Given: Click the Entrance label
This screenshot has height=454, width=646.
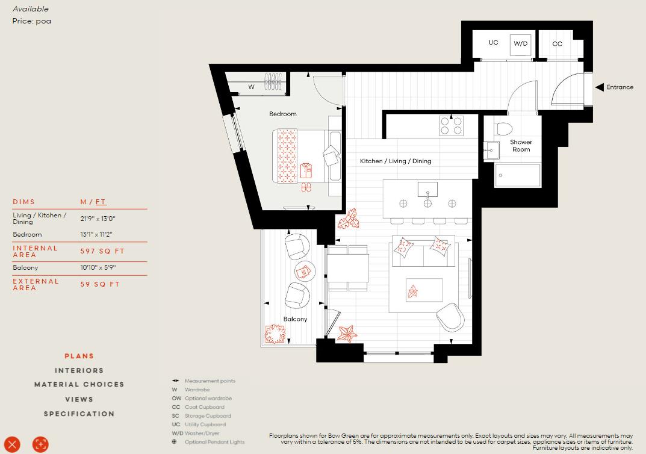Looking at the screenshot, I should tap(620, 87).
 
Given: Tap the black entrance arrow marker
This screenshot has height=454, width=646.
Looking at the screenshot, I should tap(600, 87).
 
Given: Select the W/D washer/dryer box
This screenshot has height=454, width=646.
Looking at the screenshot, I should tap(520, 44).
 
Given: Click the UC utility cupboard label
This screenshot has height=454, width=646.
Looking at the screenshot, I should tap(493, 43).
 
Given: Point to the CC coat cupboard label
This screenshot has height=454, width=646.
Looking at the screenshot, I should tap(557, 44).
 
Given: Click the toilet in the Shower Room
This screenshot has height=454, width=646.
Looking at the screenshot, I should tap(503, 128).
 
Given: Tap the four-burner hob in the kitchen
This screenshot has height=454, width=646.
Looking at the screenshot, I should tap(452, 125).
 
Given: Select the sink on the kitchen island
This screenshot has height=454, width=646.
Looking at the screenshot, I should tap(427, 190).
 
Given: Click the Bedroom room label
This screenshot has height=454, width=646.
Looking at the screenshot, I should tap(282, 114).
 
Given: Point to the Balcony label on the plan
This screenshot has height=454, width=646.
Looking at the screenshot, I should tap(295, 319).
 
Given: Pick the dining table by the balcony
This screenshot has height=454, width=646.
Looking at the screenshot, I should tap(348, 268).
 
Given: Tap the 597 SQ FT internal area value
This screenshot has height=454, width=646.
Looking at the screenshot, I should tap(102, 251).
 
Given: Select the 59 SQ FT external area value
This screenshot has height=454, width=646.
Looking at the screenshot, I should tap(100, 284).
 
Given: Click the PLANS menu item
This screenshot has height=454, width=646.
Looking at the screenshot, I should tap(79, 356).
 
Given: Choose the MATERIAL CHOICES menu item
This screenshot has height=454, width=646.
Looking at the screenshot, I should tap(79, 384).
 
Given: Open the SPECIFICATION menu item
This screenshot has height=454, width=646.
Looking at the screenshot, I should tap(79, 414).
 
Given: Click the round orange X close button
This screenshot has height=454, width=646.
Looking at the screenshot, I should tap(12, 444).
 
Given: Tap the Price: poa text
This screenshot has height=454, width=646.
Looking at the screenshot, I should tap(31, 21).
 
